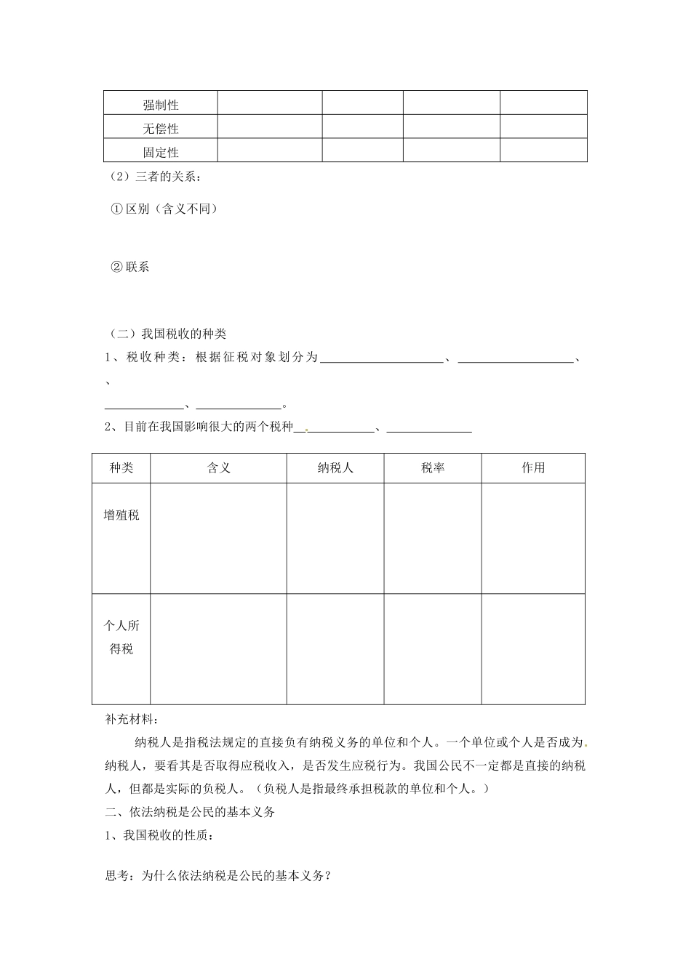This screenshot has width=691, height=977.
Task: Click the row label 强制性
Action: click(161, 105)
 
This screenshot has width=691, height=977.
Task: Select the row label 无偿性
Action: click(161, 129)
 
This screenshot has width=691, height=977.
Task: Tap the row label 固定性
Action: click(161, 152)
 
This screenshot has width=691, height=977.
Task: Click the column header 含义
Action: click(218, 468)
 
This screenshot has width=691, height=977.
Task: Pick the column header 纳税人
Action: click(335, 468)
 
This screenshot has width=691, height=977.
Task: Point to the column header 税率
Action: click(433, 468)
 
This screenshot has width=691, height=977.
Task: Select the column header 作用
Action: click(533, 468)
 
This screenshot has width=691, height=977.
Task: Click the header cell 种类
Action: click(121, 468)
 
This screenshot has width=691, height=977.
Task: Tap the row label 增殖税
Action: click(121, 515)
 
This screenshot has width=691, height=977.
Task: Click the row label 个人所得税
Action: click(121, 638)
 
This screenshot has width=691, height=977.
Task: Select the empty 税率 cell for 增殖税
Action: click(433, 538)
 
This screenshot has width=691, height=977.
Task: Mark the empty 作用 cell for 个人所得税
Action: click(533, 649)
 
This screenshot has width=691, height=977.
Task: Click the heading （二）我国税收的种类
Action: click(167, 334)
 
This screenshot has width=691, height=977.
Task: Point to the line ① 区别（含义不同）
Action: click(164, 209)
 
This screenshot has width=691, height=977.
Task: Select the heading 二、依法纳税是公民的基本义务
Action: click(190, 813)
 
